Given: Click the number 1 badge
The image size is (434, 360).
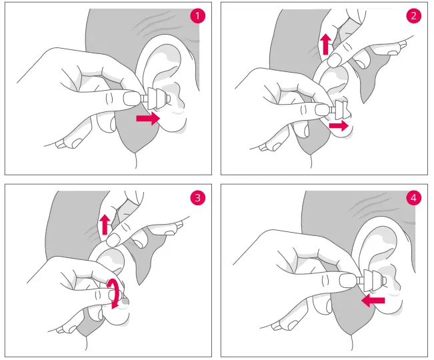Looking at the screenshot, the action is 197,16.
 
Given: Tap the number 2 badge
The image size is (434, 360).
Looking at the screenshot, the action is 413,16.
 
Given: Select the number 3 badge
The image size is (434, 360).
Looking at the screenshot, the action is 197,198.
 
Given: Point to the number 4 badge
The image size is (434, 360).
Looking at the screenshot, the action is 413,198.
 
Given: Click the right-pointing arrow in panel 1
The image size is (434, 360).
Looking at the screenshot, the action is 148,119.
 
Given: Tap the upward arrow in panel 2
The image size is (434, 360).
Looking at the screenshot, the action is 326,44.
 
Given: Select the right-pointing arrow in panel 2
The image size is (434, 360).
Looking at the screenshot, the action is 339,126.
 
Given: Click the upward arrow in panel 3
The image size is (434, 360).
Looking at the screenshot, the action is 105,225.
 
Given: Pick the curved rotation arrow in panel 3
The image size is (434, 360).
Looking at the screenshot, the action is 114,293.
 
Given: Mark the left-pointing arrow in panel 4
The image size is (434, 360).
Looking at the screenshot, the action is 373,301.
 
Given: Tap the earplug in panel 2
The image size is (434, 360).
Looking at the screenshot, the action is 339,110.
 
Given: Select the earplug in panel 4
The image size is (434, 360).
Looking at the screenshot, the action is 372,280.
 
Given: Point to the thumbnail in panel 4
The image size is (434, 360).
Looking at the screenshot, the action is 348,280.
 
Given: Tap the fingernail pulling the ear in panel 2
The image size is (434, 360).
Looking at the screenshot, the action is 335,60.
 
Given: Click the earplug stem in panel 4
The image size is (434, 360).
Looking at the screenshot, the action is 360,281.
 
